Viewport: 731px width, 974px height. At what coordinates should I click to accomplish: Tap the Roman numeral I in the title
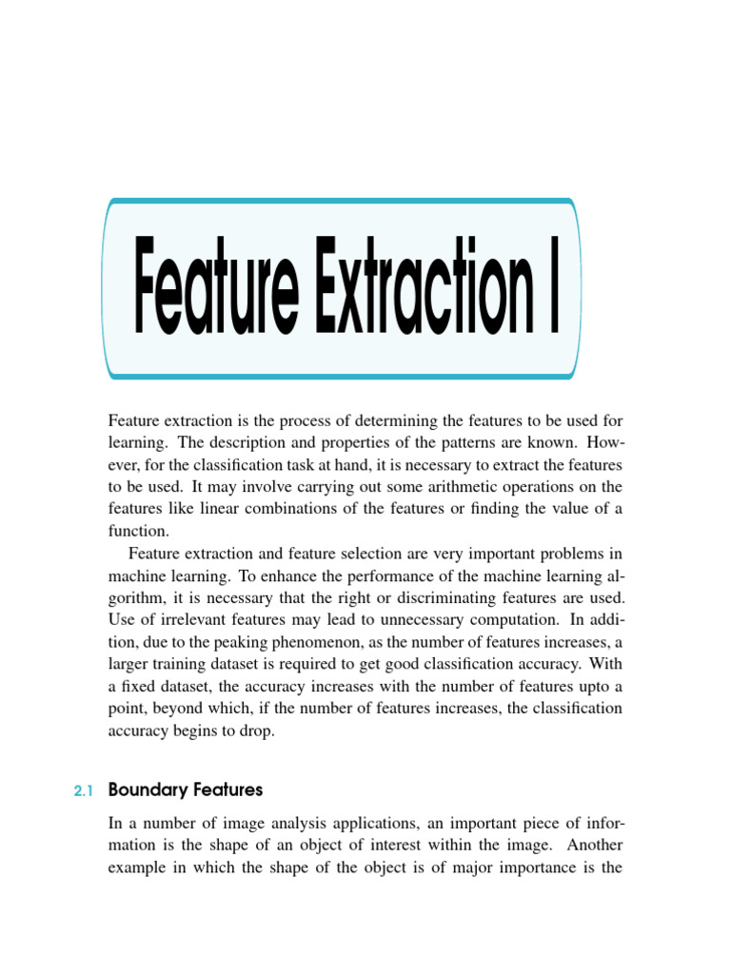(553, 288)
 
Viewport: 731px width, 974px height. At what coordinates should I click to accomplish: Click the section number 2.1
(85, 790)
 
